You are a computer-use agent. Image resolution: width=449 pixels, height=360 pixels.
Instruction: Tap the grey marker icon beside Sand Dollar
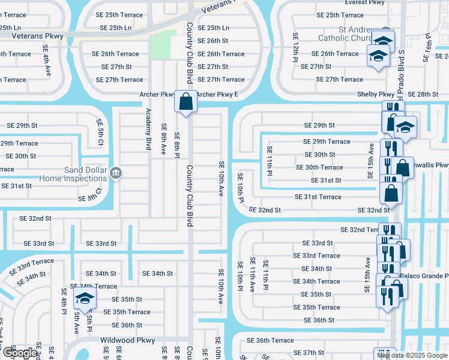(116, 174)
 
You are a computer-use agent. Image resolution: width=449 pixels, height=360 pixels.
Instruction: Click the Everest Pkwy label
(365, 2)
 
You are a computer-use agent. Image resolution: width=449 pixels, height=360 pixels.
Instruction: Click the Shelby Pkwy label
(376, 94)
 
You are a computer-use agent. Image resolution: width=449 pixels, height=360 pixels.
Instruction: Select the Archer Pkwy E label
(217, 94)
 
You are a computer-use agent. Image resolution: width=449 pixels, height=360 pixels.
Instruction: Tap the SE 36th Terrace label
(267, 340)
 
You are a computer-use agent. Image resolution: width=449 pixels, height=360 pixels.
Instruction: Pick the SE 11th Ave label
(253, 274)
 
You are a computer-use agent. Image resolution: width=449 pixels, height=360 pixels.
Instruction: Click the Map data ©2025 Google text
(411, 355)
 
